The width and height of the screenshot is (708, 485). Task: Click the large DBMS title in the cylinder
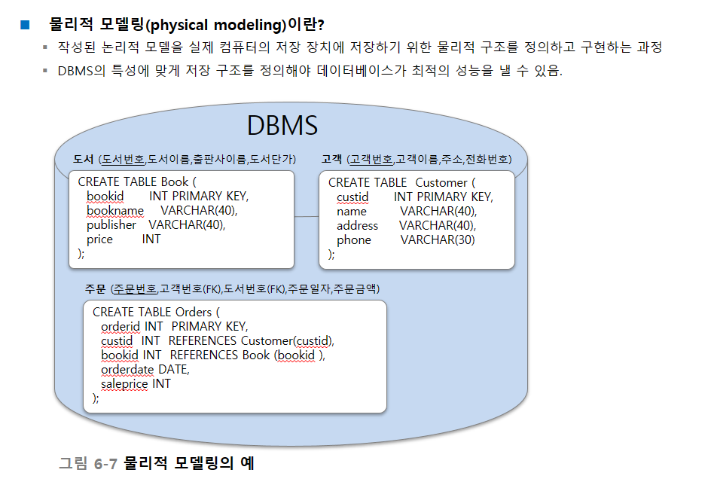pos(282,125)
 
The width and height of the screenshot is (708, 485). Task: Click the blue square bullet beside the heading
pos(25,25)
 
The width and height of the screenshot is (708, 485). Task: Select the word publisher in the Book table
pos(111,225)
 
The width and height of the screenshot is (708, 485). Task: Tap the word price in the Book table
pos(99,239)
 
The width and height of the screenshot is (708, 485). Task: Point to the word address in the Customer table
pos(357,225)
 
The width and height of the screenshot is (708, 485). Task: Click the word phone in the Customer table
pos(353,239)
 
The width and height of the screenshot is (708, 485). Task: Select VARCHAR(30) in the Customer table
pos(438,239)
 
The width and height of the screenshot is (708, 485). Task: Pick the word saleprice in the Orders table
pos(124,384)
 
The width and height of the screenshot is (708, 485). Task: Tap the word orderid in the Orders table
pos(120,326)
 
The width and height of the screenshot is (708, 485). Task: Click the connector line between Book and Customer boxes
pos(307,216)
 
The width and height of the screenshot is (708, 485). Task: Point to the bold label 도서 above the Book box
pos(83,159)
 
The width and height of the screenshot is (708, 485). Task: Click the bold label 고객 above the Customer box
pos(331,159)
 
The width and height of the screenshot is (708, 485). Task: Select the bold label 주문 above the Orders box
pos(95,288)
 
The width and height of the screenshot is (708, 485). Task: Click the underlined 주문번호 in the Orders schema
pos(135,288)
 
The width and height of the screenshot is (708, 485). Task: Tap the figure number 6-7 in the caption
pos(105,464)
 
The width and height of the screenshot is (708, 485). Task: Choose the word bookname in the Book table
pos(115,210)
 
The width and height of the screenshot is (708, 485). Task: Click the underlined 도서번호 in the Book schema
pos(123,159)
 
